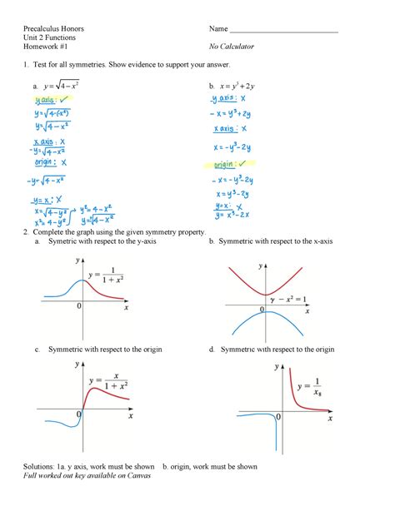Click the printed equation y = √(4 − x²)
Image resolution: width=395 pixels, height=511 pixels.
tap(66, 84)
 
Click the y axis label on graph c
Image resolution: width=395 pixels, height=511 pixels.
tap(77, 365)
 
